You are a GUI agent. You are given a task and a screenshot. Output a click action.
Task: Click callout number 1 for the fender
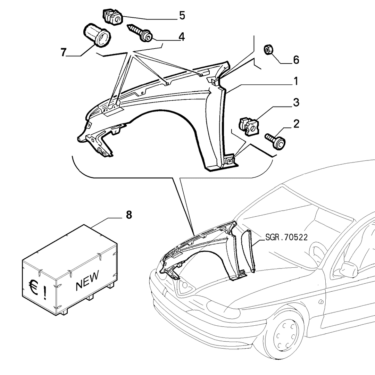pos(296,81)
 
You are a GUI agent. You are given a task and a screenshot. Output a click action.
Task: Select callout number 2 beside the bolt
pos(296,124)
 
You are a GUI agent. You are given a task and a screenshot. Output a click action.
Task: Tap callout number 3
pos(296,102)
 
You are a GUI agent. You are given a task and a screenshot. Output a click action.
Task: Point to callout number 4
pos(182,37)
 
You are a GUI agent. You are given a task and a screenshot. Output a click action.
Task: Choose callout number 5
pos(182,16)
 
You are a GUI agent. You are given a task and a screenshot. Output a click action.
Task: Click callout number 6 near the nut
pos(296,60)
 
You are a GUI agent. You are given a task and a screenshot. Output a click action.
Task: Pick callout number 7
pos(63,52)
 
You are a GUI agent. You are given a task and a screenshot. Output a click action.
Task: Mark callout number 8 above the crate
pos(129,215)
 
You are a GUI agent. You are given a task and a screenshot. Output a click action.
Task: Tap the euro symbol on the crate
pos(33,287)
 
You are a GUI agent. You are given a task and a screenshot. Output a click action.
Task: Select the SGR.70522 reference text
pos(286,237)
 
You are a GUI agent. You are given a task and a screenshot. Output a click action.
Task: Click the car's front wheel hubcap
pos(285,334)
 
